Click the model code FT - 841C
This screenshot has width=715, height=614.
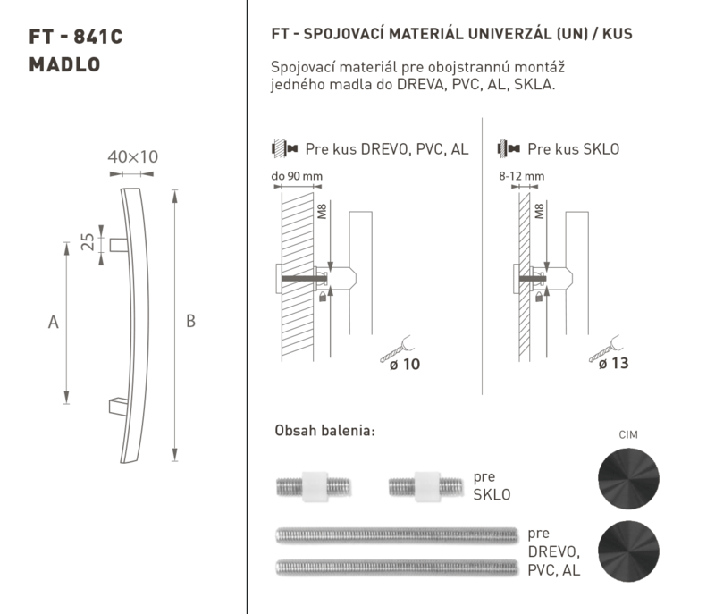pos(76,37)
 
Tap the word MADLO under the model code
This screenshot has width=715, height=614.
pos(64,64)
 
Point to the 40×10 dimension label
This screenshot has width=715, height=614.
pos(132,156)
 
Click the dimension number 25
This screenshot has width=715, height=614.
pos(88,241)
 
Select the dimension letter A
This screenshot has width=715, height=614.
pos(54,323)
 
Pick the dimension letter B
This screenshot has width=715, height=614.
pos(190,321)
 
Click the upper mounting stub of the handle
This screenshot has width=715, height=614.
pos(119,245)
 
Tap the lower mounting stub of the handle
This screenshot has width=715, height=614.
pos(118,407)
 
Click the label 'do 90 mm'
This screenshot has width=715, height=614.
pos(297,176)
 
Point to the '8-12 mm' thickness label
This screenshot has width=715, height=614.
pos(522,176)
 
